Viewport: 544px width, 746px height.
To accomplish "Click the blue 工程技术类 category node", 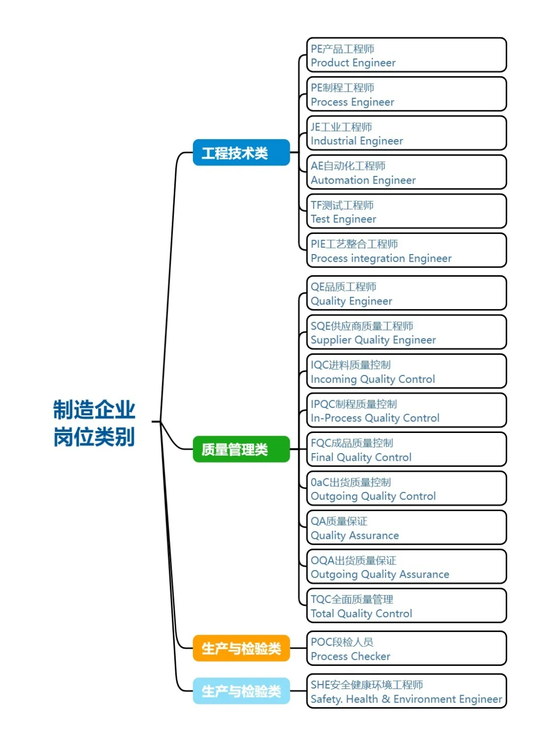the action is [241, 153].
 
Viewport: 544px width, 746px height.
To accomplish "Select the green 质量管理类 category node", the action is [241, 449].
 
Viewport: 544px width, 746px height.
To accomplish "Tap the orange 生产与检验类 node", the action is [241, 648].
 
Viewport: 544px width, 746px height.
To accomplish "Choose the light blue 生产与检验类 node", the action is [241, 691].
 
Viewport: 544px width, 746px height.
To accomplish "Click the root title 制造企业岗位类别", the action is [94, 423].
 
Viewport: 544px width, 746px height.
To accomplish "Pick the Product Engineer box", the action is [406, 55].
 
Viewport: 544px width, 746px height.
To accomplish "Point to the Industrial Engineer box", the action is [406, 134].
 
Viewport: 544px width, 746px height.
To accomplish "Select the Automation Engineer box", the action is [406, 172].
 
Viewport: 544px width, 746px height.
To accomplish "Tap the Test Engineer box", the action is [406, 212].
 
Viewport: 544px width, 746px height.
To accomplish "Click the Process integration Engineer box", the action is [406, 251].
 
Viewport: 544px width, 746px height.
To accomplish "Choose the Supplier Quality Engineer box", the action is [406, 333].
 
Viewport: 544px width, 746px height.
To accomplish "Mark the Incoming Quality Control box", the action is [406, 371].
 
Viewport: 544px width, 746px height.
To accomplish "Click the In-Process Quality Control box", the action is [406, 411].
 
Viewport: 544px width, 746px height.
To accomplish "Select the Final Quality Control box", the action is [406, 450].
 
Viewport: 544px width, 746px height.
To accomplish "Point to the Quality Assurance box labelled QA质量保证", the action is [406, 528].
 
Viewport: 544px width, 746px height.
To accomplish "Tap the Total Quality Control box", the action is [406, 606].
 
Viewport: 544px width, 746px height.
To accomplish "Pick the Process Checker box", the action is [406, 649].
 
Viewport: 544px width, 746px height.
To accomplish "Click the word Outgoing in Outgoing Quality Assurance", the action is [334, 575].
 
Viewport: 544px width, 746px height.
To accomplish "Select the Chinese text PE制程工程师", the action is [343, 88].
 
